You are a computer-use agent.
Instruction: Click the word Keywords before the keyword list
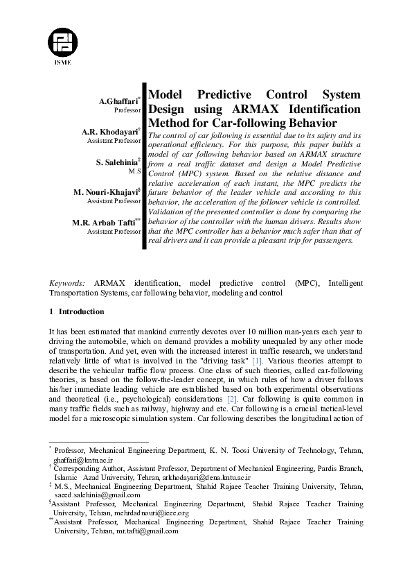(x=67, y=283)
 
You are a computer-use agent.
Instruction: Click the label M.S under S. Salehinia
(x=135, y=171)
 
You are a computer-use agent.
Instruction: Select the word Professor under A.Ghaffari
(x=128, y=110)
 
